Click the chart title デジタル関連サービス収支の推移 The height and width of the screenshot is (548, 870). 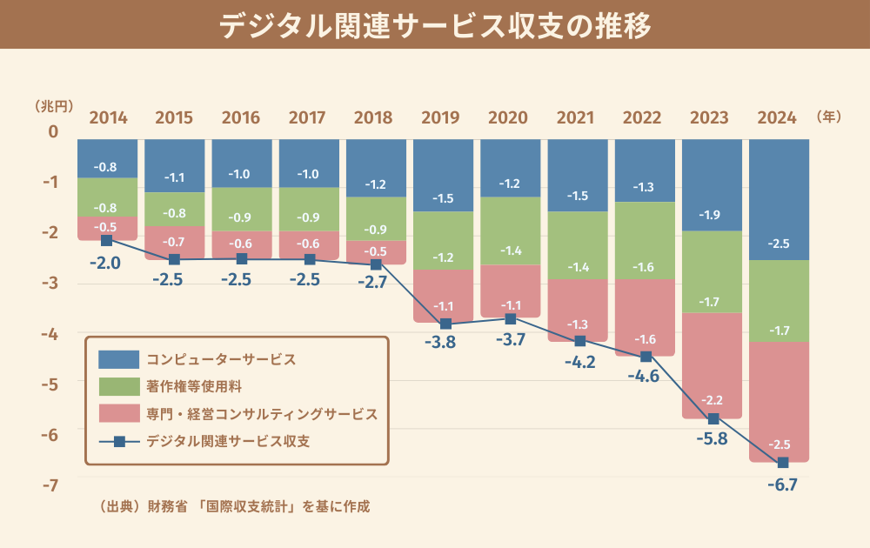435,26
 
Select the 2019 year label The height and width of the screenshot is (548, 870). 443,117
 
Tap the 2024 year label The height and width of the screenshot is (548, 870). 779,117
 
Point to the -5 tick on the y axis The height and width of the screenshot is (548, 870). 53,384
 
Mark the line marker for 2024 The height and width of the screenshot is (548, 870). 783,462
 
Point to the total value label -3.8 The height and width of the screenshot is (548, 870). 444,342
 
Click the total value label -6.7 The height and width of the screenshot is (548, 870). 783,485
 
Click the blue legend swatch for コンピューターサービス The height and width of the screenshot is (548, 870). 118,358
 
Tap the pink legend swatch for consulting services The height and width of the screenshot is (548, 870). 118,413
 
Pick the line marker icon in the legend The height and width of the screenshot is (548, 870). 119,441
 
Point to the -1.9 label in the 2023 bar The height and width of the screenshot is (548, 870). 712,214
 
